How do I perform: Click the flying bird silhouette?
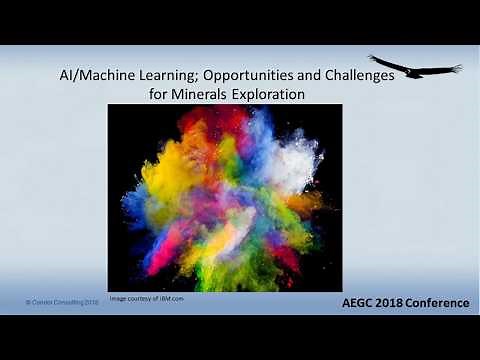click(415, 67)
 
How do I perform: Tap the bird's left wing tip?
click(371, 57)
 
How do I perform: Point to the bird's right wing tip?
click(459, 68)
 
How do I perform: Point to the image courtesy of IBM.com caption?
click(146, 297)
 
